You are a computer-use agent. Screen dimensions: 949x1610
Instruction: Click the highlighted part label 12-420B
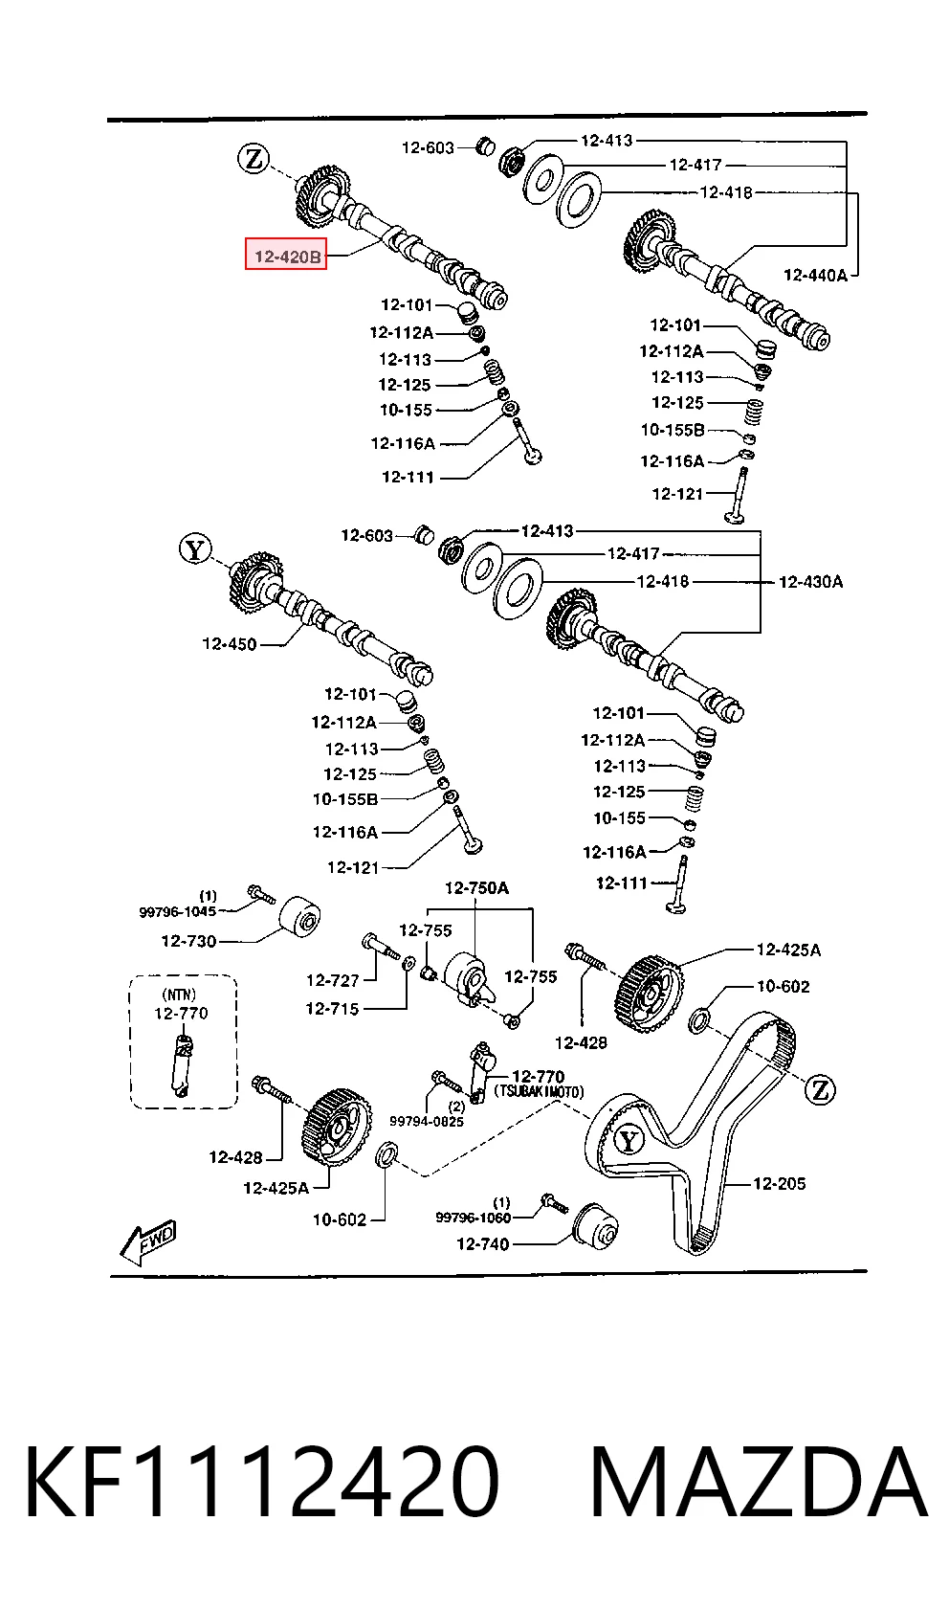pyautogui.click(x=286, y=255)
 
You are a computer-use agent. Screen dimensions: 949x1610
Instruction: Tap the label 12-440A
pyautogui.click(x=815, y=276)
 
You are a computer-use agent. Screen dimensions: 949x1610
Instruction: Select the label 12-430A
pyautogui.click(x=810, y=581)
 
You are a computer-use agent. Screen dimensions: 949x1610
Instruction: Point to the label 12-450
pyautogui.click(x=230, y=644)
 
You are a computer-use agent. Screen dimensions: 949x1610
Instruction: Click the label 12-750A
pyautogui.click(x=476, y=888)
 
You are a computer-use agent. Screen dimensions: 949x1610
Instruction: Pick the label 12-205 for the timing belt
pyautogui.click(x=779, y=1183)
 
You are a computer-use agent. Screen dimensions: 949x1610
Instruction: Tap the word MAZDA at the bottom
pyautogui.click(x=759, y=1482)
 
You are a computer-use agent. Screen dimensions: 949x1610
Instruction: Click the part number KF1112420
pyautogui.click(x=261, y=1482)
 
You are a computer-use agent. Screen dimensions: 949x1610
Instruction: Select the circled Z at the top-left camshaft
pyautogui.click(x=254, y=158)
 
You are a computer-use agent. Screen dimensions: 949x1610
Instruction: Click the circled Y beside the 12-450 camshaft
pyautogui.click(x=195, y=549)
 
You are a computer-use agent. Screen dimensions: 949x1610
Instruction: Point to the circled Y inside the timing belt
pyautogui.click(x=629, y=1140)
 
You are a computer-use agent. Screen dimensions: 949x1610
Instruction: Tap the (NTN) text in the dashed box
pyautogui.click(x=179, y=995)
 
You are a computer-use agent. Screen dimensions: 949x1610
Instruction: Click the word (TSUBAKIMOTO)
pyautogui.click(x=539, y=1092)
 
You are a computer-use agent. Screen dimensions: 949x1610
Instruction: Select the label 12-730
pyautogui.click(x=188, y=941)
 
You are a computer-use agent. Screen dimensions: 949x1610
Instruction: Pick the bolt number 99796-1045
pyautogui.click(x=177, y=912)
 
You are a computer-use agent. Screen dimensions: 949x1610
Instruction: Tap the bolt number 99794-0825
pyautogui.click(x=427, y=1121)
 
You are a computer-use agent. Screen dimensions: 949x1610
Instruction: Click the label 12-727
pyautogui.click(x=333, y=979)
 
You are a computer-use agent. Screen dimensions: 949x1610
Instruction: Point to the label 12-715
pyautogui.click(x=332, y=1009)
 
